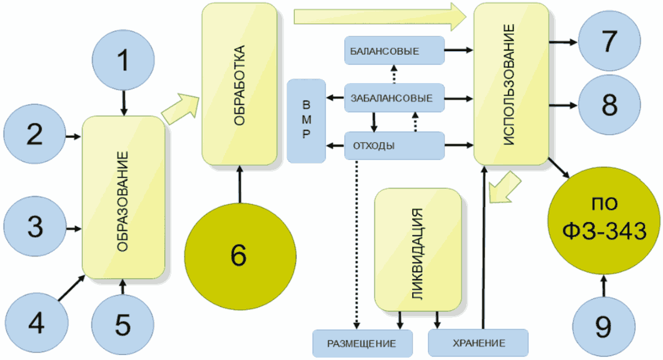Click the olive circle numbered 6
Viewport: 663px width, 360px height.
[239, 255]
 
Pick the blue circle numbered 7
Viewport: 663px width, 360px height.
[608, 42]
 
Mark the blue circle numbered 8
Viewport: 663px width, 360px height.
[608, 105]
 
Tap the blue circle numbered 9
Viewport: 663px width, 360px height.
[603, 326]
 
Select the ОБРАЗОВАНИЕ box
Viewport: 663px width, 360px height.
[123, 197]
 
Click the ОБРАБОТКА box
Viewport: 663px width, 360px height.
[239, 84]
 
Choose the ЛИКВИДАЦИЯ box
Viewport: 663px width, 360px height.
[418, 249]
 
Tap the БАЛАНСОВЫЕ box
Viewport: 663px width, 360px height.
[393, 51]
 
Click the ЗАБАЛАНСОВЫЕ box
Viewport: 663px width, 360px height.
[393, 98]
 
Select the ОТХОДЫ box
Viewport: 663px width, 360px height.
[393, 145]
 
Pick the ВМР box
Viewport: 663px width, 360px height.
[306, 120]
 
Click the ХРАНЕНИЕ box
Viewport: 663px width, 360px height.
[478, 343]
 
